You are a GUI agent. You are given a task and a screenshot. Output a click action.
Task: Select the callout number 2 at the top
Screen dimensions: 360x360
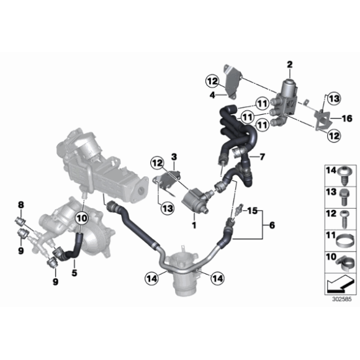[289, 65]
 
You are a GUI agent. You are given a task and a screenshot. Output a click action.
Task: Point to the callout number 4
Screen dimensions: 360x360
[212, 95]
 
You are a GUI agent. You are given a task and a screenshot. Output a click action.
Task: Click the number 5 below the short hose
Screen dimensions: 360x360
[74, 271]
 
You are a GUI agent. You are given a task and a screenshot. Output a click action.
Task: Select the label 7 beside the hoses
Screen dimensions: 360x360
[262, 156]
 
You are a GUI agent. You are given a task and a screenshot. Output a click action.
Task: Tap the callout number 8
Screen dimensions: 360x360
[20, 204]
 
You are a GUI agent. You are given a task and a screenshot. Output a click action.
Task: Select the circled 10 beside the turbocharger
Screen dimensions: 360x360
[83, 218]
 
